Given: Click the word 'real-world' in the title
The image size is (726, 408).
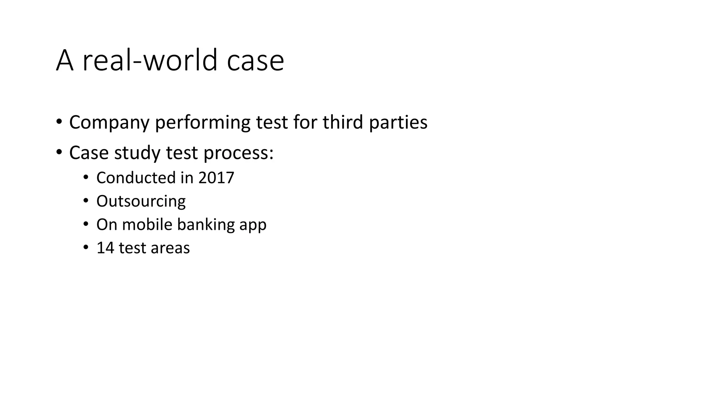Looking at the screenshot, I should [150, 60].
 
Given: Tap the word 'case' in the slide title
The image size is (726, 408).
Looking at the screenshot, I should [255, 61].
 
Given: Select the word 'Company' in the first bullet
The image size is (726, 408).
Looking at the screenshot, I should [109, 123].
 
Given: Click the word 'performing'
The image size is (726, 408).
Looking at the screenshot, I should [203, 123].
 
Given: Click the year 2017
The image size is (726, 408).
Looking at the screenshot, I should [216, 177].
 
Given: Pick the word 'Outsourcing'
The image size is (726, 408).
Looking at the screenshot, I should [141, 201].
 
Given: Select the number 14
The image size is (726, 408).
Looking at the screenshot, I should [105, 248].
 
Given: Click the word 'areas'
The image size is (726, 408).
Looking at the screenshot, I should [170, 248].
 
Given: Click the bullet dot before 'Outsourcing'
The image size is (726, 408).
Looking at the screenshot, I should [85, 201].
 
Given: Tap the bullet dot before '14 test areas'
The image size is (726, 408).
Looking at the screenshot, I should [85, 248].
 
